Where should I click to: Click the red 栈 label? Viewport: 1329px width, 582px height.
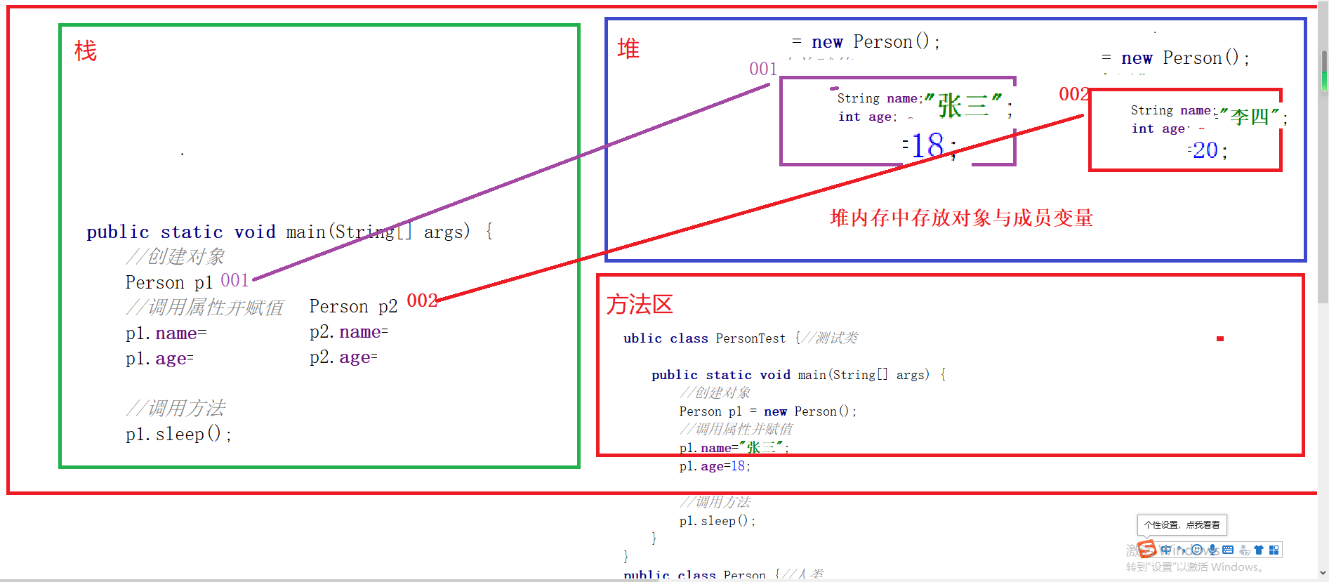pyautogui.click(x=86, y=51)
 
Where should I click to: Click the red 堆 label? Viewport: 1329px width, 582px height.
pyautogui.click(x=628, y=48)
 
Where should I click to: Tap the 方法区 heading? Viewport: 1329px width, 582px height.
pyautogui.click(x=640, y=304)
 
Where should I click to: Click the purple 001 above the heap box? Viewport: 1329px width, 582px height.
pyautogui.click(x=763, y=69)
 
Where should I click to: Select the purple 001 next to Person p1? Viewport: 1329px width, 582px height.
pyautogui.click(x=234, y=281)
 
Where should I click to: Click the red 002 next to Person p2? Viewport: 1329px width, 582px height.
pyautogui.click(x=422, y=301)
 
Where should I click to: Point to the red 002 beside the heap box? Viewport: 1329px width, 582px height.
pyautogui.click(x=1073, y=94)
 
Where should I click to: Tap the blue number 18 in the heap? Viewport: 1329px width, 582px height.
pyautogui.click(x=927, y=146)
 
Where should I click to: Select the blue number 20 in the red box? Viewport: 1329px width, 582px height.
pyautogui.click(x=1205, y=150)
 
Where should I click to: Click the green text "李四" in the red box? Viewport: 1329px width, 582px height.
pyautogui.click(x=1250, y=117)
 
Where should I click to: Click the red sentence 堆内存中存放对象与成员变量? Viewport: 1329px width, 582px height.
pyautogui.click(x=961, y=218)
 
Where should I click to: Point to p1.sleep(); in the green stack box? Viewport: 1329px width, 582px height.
pyautogui.click(x=178, y=435)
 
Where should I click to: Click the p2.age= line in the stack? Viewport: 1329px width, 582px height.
pyautogui.click(x=343, y=357)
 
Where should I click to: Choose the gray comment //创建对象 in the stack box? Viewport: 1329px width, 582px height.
pyautogui.click(x=176, y=257)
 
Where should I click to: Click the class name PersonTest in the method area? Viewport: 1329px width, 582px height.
pyautogui.click(x=751, y=338)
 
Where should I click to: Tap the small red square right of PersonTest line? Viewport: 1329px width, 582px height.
pyautogui.click(x=1220, y=338)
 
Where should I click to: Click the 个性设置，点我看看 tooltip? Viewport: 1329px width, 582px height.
pyautogui.click(x=1182, y=524)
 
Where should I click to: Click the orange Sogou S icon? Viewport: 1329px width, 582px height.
pyautogui.click(x=1146, y=548)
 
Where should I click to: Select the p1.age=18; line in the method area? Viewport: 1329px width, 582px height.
pyautogui.click(x=715, y=466)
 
